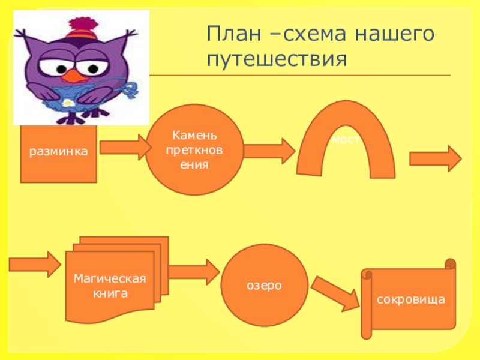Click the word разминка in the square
pyautogui.click(x=58, y=152)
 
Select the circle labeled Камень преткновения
pyautogui.click(x=194, y=149)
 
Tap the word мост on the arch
pyautogui.click(x=346, y=140)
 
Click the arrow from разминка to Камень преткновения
pyautogui.click(x=125, y=147)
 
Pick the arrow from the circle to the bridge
pyautogui.click(x=269, y=151)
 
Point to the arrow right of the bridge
pyautogui.click(x=436, y=158)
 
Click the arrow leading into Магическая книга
pyautogui.click(x=35, y=265)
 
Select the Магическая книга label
pyautogui.click(x=110, y=286)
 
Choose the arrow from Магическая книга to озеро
pyautogui.click(x=194, y=272)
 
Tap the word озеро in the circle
pyautogui.click(x=264, y=286)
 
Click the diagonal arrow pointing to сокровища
pyautogui.click(x=335, y=293)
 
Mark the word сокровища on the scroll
pyautogui.click(x=411, y=299)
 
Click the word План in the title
pyautogui.click(x=234, y=33)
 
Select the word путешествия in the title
pyautogui.click(x=277, y=59)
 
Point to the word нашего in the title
pyautogui.click(x=395, y=34)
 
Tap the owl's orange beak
pyautogui.click(x=74, y=76)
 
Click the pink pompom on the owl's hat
pyautogui.click(x=83, y=25)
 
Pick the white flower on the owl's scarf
pyautogui.click(x=67, y=103)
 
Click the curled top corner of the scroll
pyautogui.click(x=451, y=263)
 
